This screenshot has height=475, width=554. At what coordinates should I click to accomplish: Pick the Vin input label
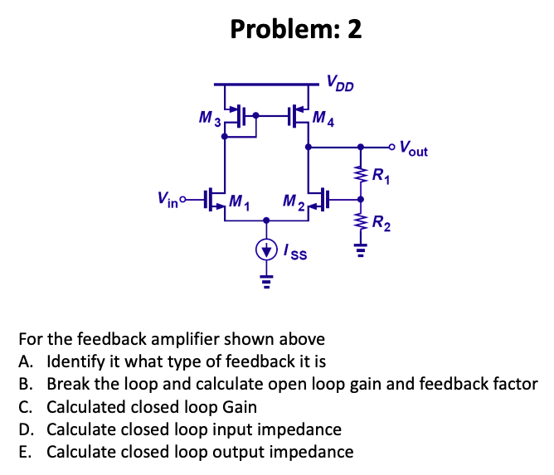(168, 199)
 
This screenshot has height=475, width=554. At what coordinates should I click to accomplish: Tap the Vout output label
(413, 150)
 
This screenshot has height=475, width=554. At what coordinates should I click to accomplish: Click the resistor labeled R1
(360, 174)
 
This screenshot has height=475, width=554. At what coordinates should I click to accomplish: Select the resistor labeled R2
(360, 221)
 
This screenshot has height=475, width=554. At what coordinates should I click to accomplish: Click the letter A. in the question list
(23, 362)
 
